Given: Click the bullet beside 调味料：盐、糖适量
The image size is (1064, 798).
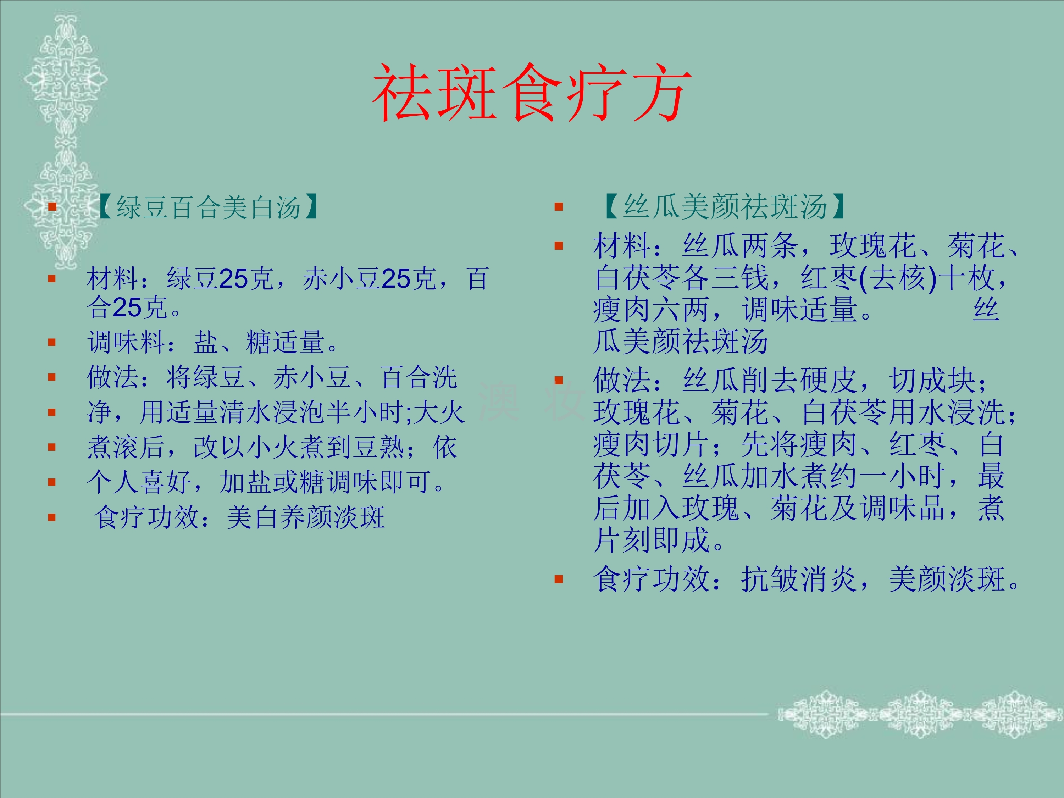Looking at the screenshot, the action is pos(52,343).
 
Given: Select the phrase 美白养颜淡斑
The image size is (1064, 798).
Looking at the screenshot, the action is pos(306,517).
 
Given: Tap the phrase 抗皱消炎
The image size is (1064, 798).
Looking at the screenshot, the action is pos(798,579).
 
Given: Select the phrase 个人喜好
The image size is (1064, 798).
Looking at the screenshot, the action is pos(139,482).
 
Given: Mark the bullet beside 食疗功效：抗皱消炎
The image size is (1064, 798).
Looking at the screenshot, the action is pos(559,579).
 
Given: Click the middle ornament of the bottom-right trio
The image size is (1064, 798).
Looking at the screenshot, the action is pos(919,715).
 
